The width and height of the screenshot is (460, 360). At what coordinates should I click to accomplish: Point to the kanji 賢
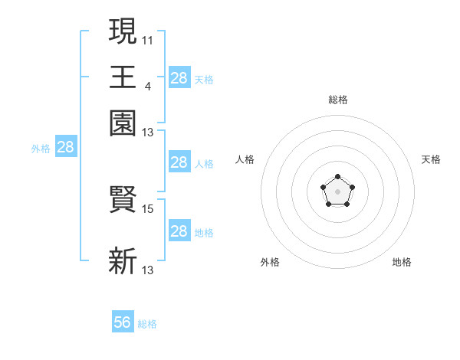coord(123,201)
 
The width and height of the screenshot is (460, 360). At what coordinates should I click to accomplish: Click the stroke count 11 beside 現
coord(148,38)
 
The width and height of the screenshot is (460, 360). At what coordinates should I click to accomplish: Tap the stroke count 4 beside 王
coord(147,85)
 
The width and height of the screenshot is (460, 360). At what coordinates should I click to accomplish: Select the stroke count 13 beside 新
coord(148,270)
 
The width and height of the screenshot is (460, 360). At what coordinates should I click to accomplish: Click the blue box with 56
coord(123,322)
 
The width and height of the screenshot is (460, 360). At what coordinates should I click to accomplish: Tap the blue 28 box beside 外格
coord(66,148)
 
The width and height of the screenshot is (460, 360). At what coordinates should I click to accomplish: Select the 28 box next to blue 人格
coord(179,162)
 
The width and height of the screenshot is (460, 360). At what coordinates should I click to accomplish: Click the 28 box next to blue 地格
coord(179,231)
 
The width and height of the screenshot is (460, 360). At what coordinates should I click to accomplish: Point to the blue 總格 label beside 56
coord(147,324)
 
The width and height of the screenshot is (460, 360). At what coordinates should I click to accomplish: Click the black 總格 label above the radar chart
coord(337,100)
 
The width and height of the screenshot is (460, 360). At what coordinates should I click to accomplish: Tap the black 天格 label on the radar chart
coord(431,159)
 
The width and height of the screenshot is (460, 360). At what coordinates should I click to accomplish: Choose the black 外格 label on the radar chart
coord(270,262)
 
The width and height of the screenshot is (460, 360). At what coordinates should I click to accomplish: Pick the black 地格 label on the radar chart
coord(402,262)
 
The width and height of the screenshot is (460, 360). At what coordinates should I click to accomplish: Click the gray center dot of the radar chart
coord(337,191)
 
